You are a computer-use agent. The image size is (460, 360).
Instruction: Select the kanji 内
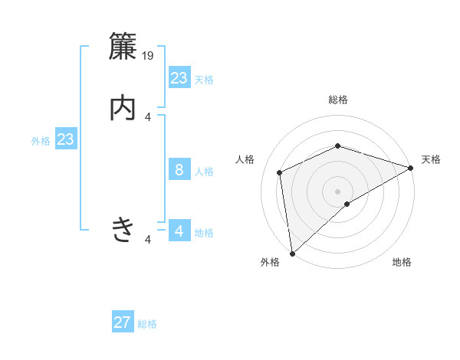coord(123,108)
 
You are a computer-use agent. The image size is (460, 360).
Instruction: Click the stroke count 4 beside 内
coord(148,116)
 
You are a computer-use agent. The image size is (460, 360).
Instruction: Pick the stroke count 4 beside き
coord(148,240)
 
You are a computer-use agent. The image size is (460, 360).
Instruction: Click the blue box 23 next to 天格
coord(179,78)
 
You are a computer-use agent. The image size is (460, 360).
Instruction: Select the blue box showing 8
coord(179,170)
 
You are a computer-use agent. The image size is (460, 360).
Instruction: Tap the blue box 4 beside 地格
coord(179,231)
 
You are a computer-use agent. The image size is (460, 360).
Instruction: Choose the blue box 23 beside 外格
coord(66,140)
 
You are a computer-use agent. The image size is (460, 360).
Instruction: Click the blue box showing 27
coord(123,322)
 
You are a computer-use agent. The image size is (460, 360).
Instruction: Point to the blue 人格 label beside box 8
coord(205,172)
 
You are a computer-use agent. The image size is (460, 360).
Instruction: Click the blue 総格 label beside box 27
coord(148,324)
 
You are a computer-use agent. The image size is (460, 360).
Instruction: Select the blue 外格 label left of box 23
coord(41,141)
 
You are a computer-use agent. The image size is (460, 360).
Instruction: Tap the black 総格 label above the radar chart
coord(338,100)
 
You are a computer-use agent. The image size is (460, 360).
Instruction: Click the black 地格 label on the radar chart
coord(402,262)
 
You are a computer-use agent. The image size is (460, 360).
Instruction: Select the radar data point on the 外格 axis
coord(292,254)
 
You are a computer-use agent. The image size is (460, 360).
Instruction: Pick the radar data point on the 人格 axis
coord(280,172)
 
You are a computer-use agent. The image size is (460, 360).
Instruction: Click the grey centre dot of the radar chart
coord(338,191)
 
